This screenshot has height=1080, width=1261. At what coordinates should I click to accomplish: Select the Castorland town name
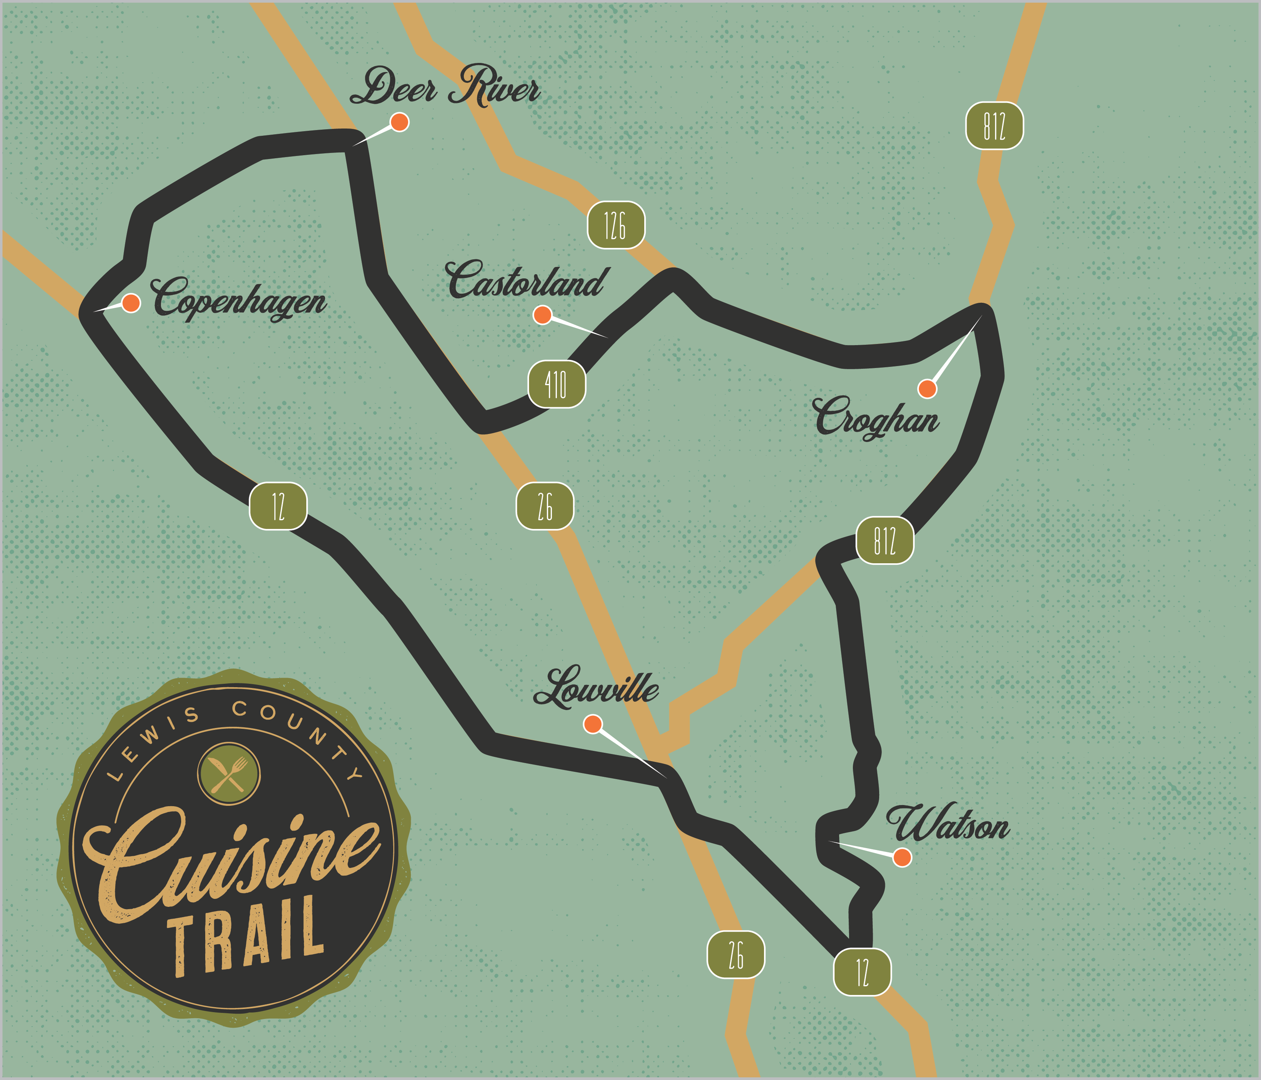click(x=526, y=281)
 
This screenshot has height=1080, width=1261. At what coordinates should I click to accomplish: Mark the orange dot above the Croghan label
click(x=927, y=388)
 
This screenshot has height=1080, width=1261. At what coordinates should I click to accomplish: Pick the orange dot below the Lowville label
click(x=593, y=724)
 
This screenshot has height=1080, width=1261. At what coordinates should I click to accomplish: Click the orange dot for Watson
click(x=902, y=857)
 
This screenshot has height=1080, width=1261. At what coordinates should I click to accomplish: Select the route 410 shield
click(x=556, y=384)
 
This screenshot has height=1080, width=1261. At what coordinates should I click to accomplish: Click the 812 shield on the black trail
click(x=884, y=540)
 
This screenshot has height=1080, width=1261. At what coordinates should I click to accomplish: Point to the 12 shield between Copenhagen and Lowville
click(x=278, y=506)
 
